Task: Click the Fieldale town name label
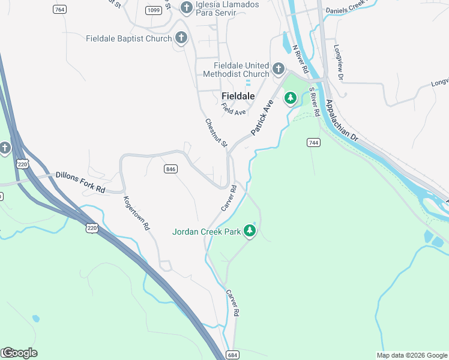click(x=238, y=96)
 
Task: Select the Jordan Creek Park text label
click(x=206, y=232)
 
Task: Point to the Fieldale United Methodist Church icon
click(x=278, y=69)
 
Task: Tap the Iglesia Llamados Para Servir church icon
click(x=186, y=7)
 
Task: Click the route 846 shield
click(x=170, y=169)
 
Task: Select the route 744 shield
click(x=313, y=142)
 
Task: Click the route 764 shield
click(x=59, y=10)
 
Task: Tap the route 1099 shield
click(x=153, y=10)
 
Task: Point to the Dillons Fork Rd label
click(x=80, y=182)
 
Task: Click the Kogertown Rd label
click(x=136, y=214)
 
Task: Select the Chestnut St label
click(x=216, y=133)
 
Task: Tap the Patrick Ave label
click(x=262, y=116)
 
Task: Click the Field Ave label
click(x=233, y=109)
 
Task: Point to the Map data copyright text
click(x=412, y=355)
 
